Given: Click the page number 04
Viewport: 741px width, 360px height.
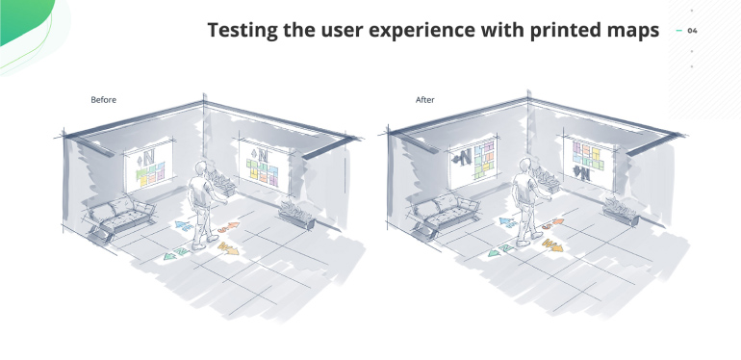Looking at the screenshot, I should pos(693,31).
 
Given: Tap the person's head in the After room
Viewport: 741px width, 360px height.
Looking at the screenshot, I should pos(524,168).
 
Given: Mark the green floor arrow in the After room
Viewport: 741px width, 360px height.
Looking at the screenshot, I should pos(498,252).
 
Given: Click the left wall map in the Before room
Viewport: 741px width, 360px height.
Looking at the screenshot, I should pos(150,164).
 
